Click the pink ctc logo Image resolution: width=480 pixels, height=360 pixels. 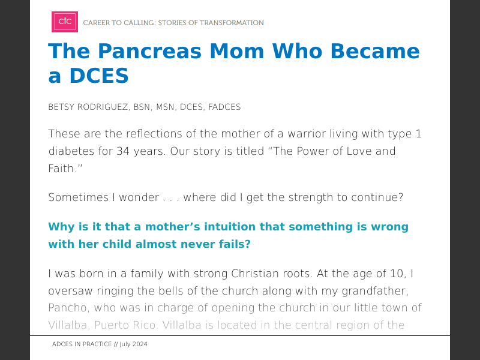(65, 22)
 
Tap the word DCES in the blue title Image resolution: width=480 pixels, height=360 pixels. (96, 76)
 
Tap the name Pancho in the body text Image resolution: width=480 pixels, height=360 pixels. (67, 308)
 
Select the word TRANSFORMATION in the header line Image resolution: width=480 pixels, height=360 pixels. (230, 23)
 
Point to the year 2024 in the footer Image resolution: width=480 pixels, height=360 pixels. (140, 344)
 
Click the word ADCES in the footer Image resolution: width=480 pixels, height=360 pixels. (62, 344)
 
